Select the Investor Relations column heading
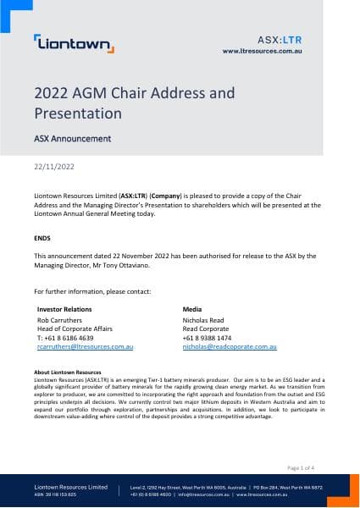tap(65, 310)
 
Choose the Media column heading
tap(194, 310)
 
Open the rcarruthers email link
tap(86, 346)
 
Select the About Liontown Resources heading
tap(67, 373)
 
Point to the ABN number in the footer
tap(58, 495)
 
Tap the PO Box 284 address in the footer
tap(293, 488)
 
